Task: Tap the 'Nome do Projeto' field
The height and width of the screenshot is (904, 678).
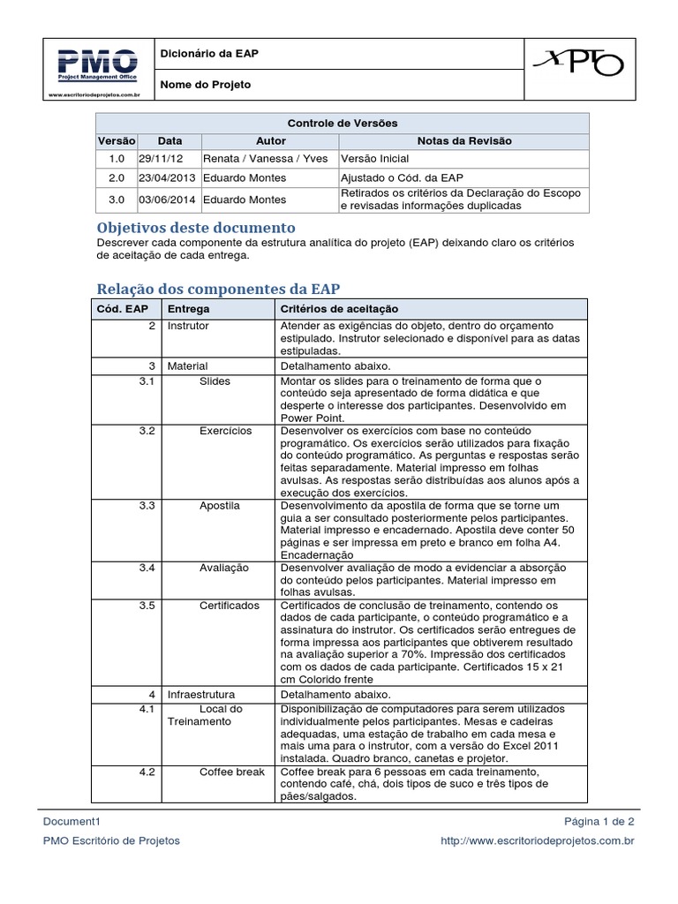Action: pos(205,85)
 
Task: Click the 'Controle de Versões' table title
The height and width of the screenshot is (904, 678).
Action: pos(343,123)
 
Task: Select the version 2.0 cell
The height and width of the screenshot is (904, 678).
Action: pos(117,177)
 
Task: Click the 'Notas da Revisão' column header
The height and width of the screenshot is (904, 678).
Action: pos(463,140)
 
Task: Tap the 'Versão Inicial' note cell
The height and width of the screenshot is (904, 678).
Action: pos(374,159)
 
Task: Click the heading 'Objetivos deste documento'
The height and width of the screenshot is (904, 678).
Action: pos(195,228)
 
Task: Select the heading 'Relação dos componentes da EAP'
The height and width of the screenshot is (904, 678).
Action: pos(217,289)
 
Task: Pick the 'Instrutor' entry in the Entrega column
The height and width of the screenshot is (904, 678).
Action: pos(188,326)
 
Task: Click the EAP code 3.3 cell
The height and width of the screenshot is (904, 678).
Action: pos(147,506)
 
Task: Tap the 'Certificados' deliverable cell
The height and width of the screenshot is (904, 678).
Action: pos(230,606)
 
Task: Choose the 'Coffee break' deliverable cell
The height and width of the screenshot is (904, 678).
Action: pos(231,772)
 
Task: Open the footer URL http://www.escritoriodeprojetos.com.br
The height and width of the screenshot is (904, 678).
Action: pos(537,840)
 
